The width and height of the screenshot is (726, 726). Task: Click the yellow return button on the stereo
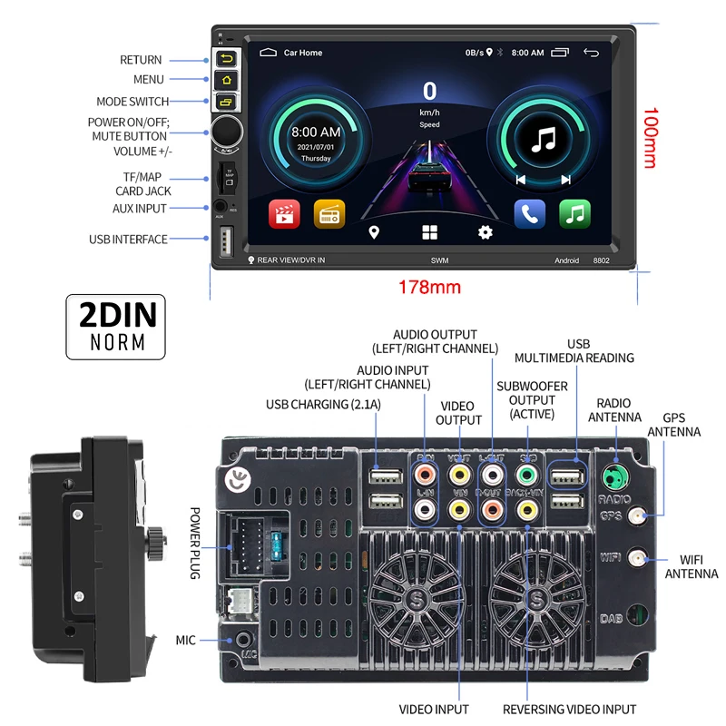tap(225, 59)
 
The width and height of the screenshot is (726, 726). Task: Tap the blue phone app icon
tap(529, 214)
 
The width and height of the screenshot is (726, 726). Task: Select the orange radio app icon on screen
tap(329, 214)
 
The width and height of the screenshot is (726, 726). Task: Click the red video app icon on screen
tap(283, 214)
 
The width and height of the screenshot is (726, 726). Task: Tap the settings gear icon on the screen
tap(486, 232)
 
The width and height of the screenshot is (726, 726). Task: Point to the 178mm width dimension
tap(429, 288)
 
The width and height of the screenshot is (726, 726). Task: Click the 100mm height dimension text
tap(648, 139)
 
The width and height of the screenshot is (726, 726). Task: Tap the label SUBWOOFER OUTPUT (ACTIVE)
tap(532, 400)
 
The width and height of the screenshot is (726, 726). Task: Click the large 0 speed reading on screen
tap(429, 91)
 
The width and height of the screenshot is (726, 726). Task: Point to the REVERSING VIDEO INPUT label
tap(569, 709)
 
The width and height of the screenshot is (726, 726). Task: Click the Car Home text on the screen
tap(303, 53)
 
